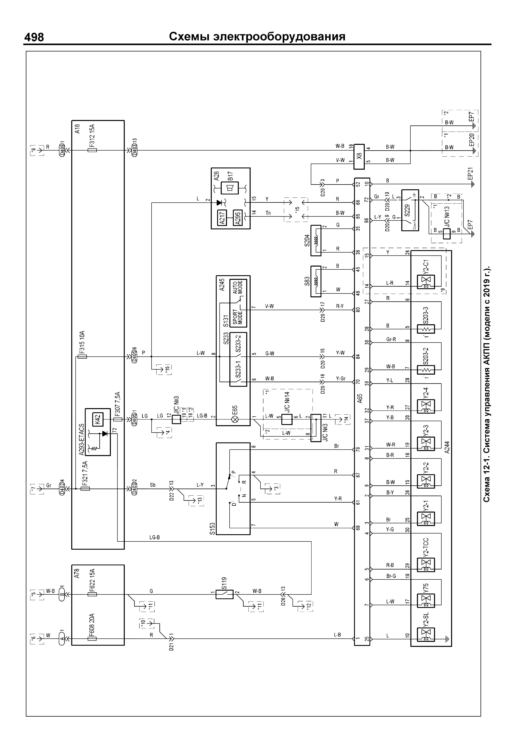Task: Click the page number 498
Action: point(34,37)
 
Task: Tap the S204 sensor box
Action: point(316,240)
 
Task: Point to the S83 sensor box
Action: point(316,281)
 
